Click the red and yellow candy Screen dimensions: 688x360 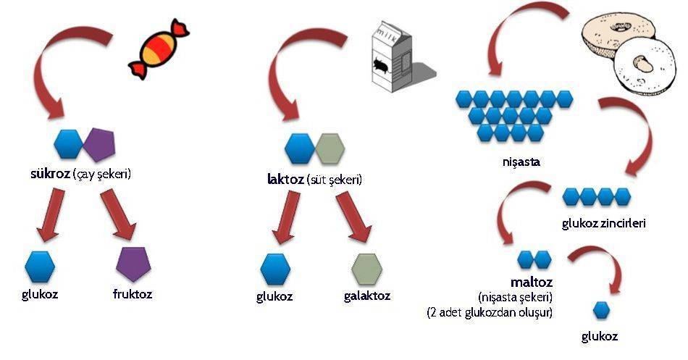tap(159, 49)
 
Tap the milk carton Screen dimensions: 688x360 tap(393, 56)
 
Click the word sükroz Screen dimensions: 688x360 tap(50, 174)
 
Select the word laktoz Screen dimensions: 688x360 tap(285, 179)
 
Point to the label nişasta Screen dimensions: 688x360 tap(521, 162)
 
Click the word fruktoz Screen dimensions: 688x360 tap(133, 293)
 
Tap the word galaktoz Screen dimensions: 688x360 tap(367, 296)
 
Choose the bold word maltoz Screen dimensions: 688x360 tap(532, 282)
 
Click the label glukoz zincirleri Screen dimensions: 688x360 tap(604, 224)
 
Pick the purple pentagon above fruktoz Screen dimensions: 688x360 tap(133, 264)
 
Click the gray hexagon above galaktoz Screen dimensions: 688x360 tap(367, 269)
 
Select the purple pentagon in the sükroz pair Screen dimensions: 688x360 tap(99, 144)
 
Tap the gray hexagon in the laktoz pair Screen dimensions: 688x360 tap(330, 148)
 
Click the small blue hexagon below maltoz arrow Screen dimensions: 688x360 tap(601, 311)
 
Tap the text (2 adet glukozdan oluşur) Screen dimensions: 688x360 tap(490, 313)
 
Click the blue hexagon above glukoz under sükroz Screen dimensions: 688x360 tap(40, 267)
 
